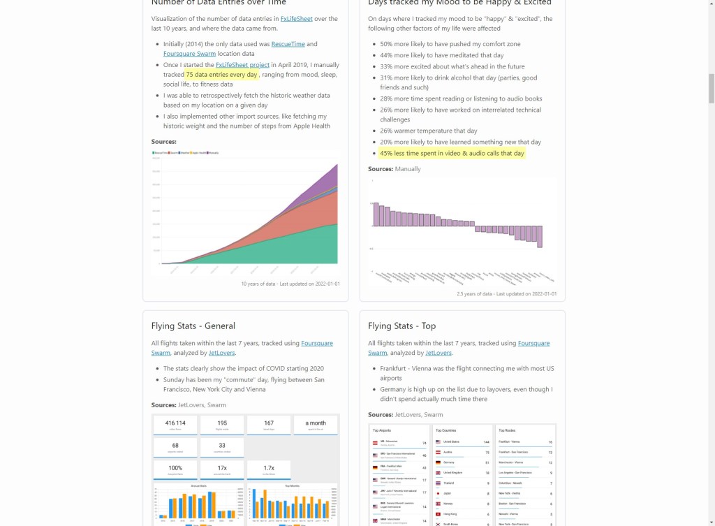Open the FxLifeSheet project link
click(242, 65)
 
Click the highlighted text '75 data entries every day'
click(221, 75)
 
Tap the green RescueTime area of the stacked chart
click(279, 248)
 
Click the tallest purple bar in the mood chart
click(376, 214)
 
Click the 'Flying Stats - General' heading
click(193, 326)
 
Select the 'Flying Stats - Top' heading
click(401, 326)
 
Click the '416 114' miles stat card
click(175, 425)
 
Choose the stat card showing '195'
click(222, 425)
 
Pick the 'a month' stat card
click(316, 425)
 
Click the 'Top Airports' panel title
click(382, 431)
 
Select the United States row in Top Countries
click(462, 442)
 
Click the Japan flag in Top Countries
click(437, 492)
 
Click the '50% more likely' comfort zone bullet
click(450, 44)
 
